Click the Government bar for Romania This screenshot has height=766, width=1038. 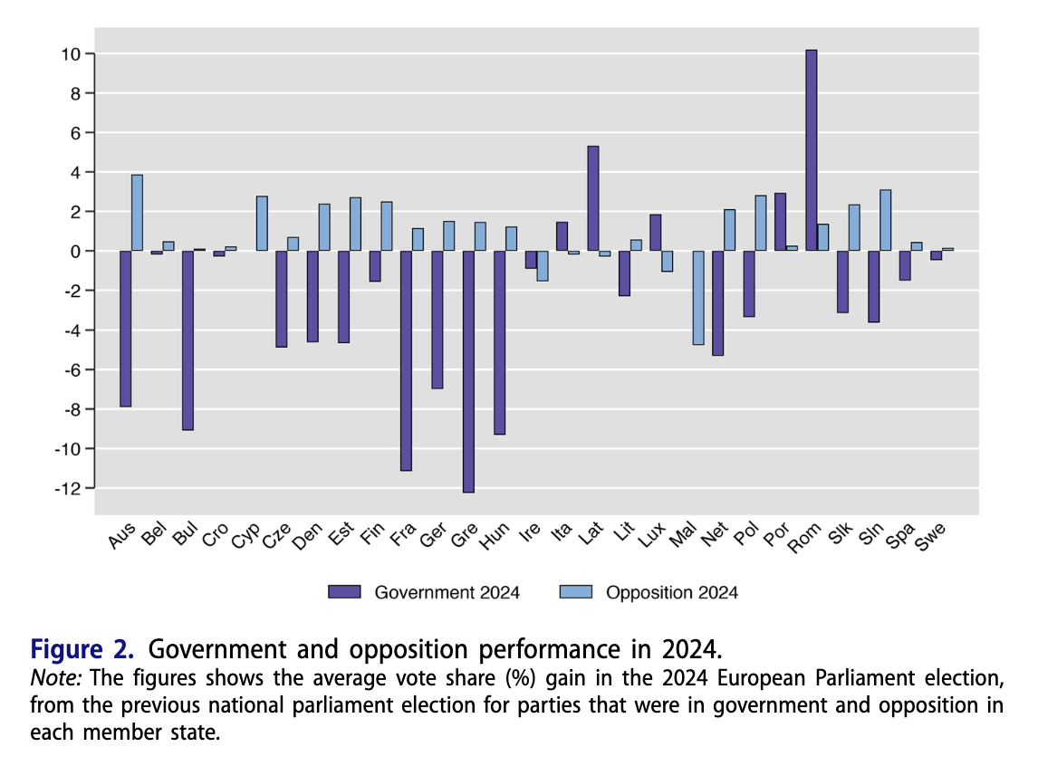tap(812, 150)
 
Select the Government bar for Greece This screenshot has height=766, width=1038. tap(468, 371)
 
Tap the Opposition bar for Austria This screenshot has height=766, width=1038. tap(137, 213)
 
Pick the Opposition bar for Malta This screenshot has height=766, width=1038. tap(698, 298)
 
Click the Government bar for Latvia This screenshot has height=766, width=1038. tap(593, 198)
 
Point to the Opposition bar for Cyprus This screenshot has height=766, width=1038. tap(262, 224)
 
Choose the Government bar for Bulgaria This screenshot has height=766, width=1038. tap(187, 340)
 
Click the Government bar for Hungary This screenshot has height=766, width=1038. tap(499, 342)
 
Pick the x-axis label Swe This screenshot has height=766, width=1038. tap(930, 539)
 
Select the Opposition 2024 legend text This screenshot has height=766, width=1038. tap(672, 593)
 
